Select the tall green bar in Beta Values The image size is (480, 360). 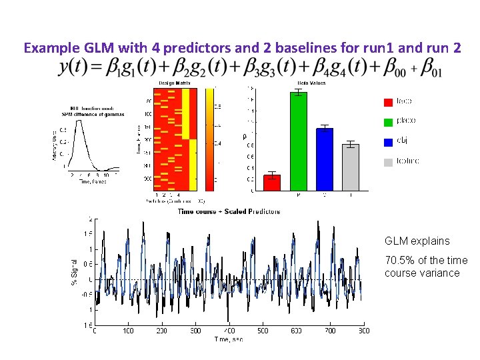pos(298,141)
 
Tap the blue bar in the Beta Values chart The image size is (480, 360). pos(324,159)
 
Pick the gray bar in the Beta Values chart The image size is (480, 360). pos(350,167)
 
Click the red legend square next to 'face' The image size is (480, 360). pos(388,102)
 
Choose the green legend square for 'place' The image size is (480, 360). pos(388,122)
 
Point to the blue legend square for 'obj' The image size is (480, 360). pos(388,142)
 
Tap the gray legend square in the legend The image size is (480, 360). pos(388,162)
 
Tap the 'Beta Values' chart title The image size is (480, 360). pos(311,82)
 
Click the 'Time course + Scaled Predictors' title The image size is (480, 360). pos(229,211)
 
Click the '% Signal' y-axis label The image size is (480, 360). pos(75,273)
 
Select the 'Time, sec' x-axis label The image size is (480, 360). pos(229,339)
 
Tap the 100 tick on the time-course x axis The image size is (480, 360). pos(128,331)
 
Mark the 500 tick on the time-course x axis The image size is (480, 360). pos(263,331)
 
